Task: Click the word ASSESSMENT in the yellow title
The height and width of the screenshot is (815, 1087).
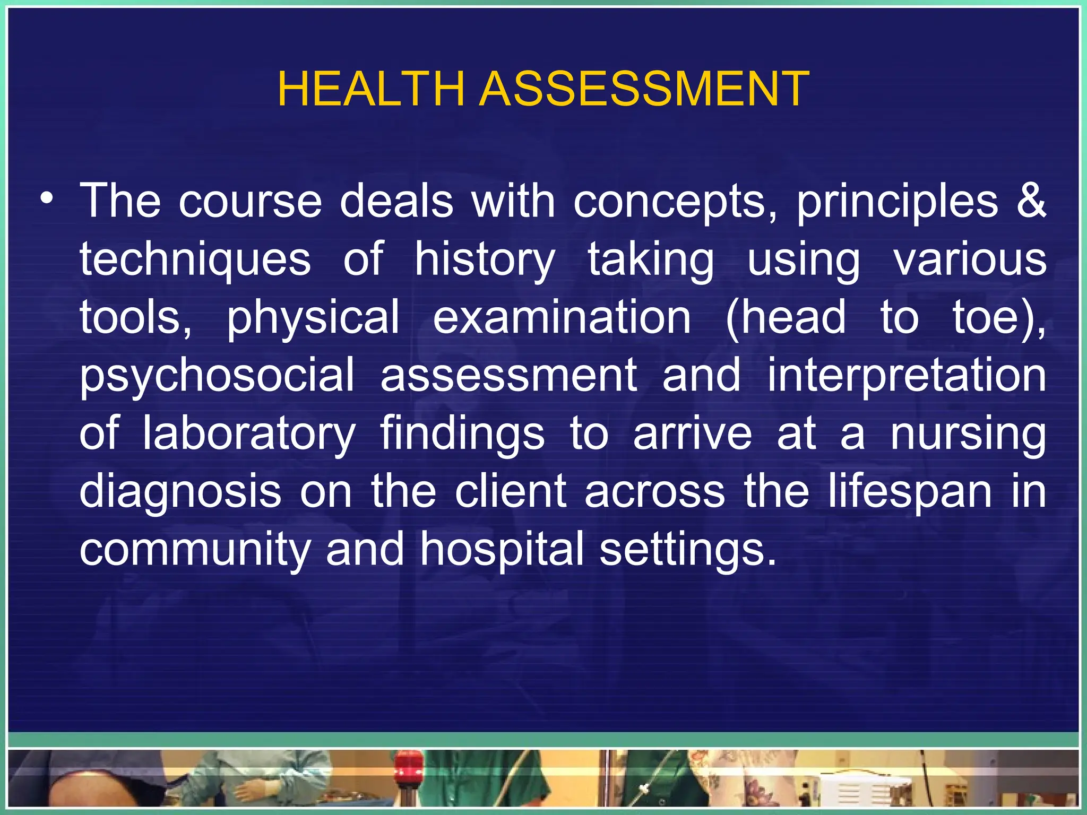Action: click(644, 89)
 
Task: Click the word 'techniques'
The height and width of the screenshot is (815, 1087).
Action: click(195, 260)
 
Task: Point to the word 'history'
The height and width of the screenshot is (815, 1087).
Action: click(485, 260)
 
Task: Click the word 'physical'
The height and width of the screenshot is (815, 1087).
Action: click(313, 317)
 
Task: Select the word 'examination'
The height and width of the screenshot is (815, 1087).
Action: click(562, 317)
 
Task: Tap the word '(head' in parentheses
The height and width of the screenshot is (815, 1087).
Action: click(786, 317)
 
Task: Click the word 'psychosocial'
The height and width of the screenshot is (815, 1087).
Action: click(217, 376)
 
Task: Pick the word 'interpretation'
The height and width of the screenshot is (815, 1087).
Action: click(907, 375)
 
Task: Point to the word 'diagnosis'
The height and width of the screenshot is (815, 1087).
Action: click(180, 491)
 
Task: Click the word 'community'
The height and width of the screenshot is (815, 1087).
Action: click(194, 549)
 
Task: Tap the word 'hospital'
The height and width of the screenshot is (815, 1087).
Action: click(501, 549)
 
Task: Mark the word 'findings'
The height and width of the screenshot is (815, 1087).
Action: click(462, 433)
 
